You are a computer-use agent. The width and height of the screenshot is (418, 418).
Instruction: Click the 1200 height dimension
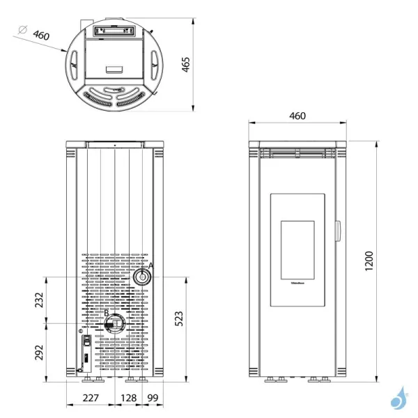point(369,260)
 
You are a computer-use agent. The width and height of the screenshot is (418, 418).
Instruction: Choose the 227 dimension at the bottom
point(91,398)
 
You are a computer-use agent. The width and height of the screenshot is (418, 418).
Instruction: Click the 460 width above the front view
point(297,116)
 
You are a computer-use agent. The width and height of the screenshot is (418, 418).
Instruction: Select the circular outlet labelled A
point(142,277)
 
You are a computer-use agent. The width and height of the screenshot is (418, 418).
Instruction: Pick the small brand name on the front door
point(297,284)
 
